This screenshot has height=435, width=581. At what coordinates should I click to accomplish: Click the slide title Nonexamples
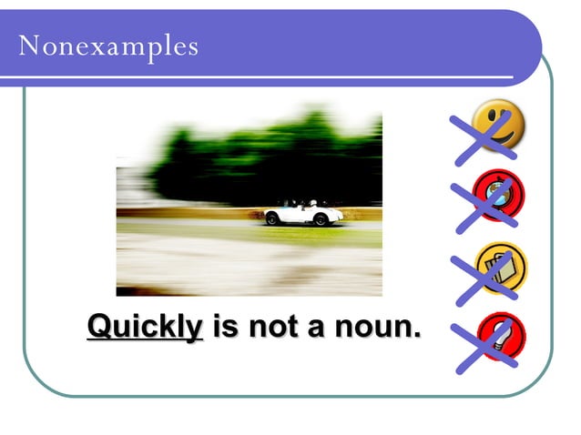coord(107,45)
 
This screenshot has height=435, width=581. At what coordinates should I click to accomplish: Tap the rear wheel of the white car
coord(271,219)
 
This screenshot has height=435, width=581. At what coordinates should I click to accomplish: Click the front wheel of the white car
coord(321,219)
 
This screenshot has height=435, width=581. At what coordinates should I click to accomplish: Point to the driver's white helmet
coord(312,203)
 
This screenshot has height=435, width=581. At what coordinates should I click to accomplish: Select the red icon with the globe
coord(499,195)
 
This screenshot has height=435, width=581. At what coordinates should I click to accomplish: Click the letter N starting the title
coord(27,45)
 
